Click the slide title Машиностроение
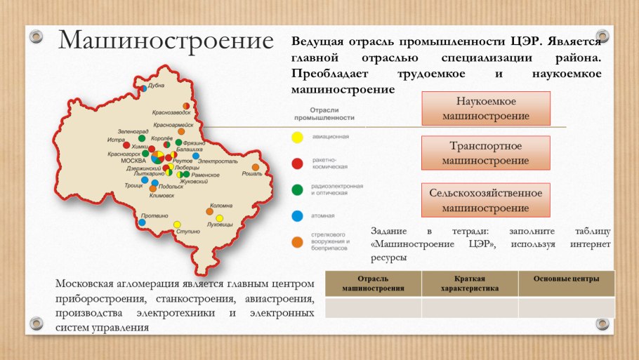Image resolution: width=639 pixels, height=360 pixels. tap(165, 41)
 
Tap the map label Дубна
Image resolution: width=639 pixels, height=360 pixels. tap(156, 86)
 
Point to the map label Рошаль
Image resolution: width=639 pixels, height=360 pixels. tap(251, 173)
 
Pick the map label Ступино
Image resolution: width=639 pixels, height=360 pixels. tap(188, 230)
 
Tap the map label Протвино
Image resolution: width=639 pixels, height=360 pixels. tap(154, 215)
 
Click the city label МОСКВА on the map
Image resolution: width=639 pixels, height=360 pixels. tap(133, 161)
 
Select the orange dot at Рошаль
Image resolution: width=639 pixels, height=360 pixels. tap(256, 167)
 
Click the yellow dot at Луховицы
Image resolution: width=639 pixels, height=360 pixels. tap(219, 218)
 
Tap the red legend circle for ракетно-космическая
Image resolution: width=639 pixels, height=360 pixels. tap(298, 164)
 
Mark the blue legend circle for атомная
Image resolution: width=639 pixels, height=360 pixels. tap(298, 215)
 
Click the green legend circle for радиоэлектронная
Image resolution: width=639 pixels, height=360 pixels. tap(298, 189)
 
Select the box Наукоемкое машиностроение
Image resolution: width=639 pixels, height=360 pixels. tap(486, 109)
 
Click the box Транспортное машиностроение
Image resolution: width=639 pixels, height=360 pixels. tap(486, 153)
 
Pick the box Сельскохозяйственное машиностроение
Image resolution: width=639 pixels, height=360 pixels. tap(486, 199)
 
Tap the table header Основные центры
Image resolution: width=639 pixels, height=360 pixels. tap(566, 279)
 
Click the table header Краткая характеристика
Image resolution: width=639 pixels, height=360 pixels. tap(470, 283)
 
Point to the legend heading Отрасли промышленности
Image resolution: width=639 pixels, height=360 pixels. tap(324, 114)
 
